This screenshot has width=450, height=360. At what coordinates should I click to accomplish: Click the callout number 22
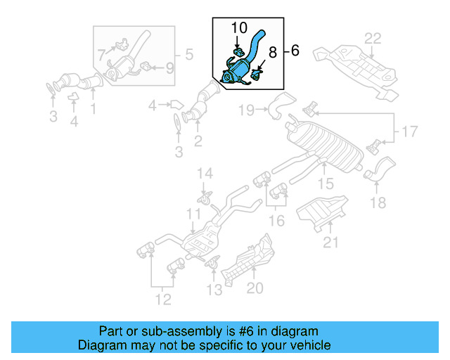click(x=372, y=37)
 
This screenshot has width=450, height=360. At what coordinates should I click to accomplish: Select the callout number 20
click(x=255, y=288)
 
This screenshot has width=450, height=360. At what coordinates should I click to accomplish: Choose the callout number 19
click(x=245, y=109)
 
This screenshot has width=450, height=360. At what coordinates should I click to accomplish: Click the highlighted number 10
click(x=239, y=28)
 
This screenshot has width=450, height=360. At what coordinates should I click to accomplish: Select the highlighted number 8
click(x=274, y=51)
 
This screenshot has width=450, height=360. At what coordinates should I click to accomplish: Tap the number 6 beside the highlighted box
click(x=295, y=51)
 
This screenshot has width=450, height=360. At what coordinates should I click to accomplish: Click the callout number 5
click(x=188, y=53)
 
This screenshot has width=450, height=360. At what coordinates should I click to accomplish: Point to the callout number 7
click(x=101, y=53)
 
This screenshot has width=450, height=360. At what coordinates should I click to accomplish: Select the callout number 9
click(x=169, y=68)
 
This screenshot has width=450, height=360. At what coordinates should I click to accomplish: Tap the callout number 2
click(x=198, y=143)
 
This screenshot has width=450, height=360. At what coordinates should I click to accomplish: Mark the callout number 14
click(x=203, y=173)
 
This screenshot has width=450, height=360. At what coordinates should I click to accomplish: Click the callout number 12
click(x=162, y=301)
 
